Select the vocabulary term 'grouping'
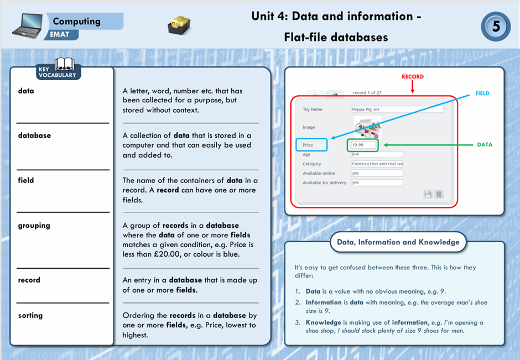pos(34,225)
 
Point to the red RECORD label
pos(412,76)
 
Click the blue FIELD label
pos(482,93)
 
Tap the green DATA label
pos(484,145)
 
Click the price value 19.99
pos(362,145)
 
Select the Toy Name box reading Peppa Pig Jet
pos(397,109)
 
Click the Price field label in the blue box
pos(311,145)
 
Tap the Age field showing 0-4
pos(377,155)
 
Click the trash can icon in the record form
pos(439,194)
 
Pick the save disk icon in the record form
pos(428,194)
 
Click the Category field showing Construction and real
pos(377,164)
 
